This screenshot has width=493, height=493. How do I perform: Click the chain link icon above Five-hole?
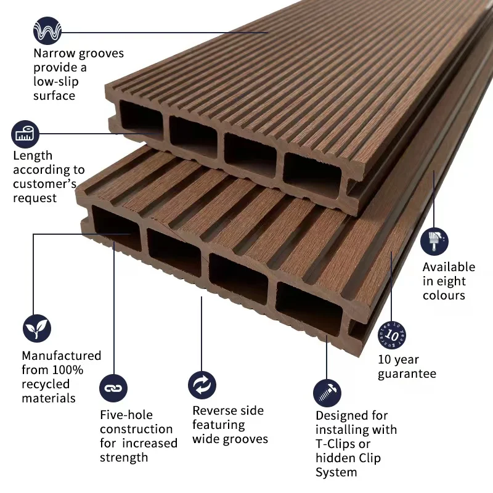[113, 388]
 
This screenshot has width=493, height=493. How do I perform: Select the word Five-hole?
[126, 415]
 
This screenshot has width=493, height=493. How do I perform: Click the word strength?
[124, 457]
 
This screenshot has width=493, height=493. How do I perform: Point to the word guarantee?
[407, 373]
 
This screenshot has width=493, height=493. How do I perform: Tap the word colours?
[444, 295]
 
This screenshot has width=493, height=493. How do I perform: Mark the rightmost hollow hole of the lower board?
[308, 306]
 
